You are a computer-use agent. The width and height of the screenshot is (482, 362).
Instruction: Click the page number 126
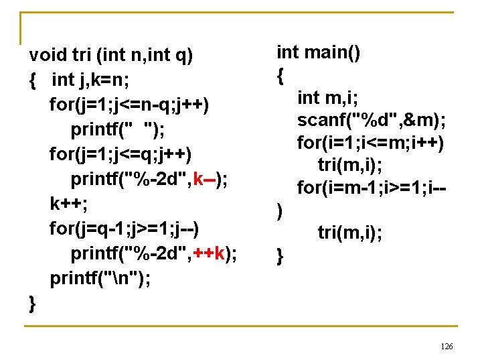point(447,346)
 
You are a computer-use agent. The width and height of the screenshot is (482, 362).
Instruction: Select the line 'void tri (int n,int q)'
point(111,55)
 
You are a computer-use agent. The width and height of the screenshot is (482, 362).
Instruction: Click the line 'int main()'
point(319,52)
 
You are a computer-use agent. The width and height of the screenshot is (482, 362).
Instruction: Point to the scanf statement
point(372,121)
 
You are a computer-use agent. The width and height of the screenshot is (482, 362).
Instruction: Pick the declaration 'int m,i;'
point(327,98)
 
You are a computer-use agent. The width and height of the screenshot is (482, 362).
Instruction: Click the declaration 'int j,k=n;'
point(90,80)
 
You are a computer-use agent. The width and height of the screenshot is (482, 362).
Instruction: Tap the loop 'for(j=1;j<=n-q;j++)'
point(129,105)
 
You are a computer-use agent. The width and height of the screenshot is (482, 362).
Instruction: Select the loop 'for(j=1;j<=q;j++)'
point(120,154)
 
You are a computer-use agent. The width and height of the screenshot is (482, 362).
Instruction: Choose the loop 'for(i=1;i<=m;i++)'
point(372,143)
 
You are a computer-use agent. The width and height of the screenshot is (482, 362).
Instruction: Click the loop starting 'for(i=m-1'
point(372,188)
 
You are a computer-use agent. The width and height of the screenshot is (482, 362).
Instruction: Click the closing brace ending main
point(280,255)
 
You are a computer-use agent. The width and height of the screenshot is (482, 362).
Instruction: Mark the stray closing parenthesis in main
point(280,213)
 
